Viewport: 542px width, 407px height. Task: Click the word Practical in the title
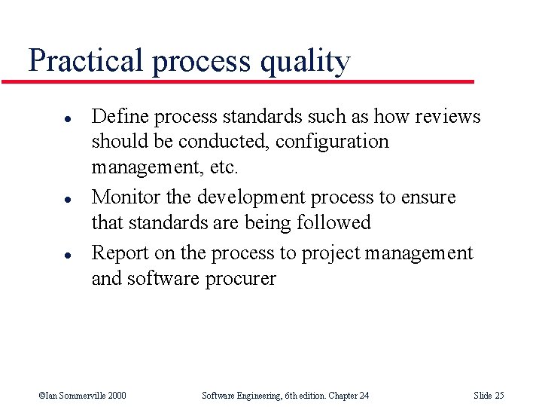point(85,60)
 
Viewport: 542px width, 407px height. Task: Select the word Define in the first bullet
point(117,116)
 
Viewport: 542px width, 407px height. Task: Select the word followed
point(333,222)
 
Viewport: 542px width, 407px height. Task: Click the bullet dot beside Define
point(47,119)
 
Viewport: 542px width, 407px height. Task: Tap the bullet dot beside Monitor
point(47,200)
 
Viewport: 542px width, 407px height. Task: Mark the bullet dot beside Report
point(47,256)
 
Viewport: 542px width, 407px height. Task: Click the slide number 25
point(498,395)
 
